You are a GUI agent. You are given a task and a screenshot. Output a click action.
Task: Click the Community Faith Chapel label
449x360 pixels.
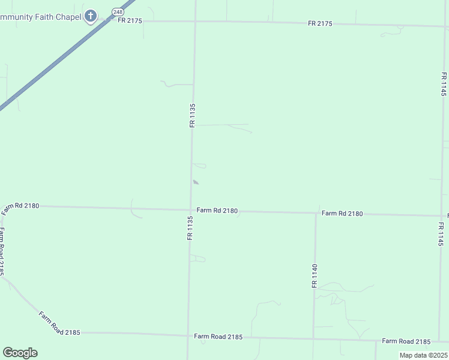40,17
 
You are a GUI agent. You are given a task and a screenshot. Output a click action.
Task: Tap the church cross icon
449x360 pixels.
91,16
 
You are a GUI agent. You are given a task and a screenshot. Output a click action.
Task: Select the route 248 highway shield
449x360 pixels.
117,12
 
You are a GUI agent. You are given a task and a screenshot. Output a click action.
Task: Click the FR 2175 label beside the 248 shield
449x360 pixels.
130,20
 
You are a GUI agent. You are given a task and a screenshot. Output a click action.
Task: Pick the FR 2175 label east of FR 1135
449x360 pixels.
320,23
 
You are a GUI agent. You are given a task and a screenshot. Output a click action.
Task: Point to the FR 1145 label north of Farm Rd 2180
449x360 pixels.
443,85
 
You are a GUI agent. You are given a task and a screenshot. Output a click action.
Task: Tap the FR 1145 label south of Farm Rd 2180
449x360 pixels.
441,235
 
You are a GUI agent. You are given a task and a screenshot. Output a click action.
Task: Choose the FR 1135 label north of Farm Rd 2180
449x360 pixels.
193,115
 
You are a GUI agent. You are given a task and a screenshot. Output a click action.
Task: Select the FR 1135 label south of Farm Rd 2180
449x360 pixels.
190,229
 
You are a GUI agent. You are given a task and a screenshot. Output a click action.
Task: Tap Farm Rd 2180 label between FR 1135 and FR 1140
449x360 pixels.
217,211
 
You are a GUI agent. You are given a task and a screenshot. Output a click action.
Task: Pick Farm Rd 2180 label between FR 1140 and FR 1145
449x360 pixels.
342,214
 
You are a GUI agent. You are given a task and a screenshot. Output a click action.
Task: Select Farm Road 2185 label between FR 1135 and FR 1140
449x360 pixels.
218,337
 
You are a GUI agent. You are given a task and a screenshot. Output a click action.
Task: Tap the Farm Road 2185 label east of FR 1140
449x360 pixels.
406,341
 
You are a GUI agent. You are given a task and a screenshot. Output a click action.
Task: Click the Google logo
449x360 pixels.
20,353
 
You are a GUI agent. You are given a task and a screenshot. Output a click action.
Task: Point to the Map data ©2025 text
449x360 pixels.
423,355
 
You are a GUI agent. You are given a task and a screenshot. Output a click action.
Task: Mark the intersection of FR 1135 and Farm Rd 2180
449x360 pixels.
191,210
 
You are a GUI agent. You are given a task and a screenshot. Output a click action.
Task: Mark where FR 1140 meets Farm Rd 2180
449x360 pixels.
315,213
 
